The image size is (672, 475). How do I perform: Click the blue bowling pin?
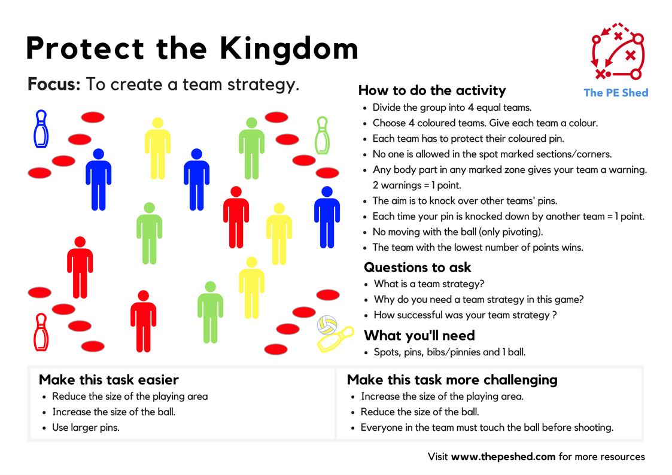(41, 129)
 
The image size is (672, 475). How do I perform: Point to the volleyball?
(327, 325)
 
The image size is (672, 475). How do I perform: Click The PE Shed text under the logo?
(616, 93)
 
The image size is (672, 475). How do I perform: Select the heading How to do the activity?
(431, 90)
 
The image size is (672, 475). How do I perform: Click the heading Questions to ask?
(418, 267)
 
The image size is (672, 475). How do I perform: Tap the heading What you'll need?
(419, 335)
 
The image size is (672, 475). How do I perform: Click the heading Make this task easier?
(108, 380)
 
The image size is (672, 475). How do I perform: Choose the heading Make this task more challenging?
(452, 380)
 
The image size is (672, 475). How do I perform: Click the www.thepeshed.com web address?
(503, 457)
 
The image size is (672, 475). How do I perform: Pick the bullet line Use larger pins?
(86, 428)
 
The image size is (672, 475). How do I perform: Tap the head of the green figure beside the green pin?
(251, 123)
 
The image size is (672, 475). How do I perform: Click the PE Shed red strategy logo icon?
(616, 52)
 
